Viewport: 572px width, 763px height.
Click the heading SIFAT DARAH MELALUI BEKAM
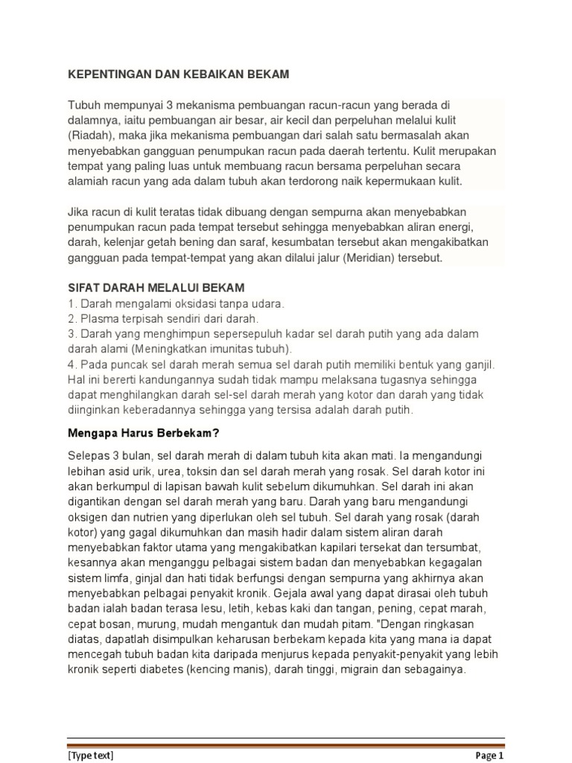coord(156,288)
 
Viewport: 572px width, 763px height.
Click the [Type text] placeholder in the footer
coord(91,755)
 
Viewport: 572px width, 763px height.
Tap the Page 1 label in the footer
coord(490,755)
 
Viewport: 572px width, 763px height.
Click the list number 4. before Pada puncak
coord(72,364)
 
